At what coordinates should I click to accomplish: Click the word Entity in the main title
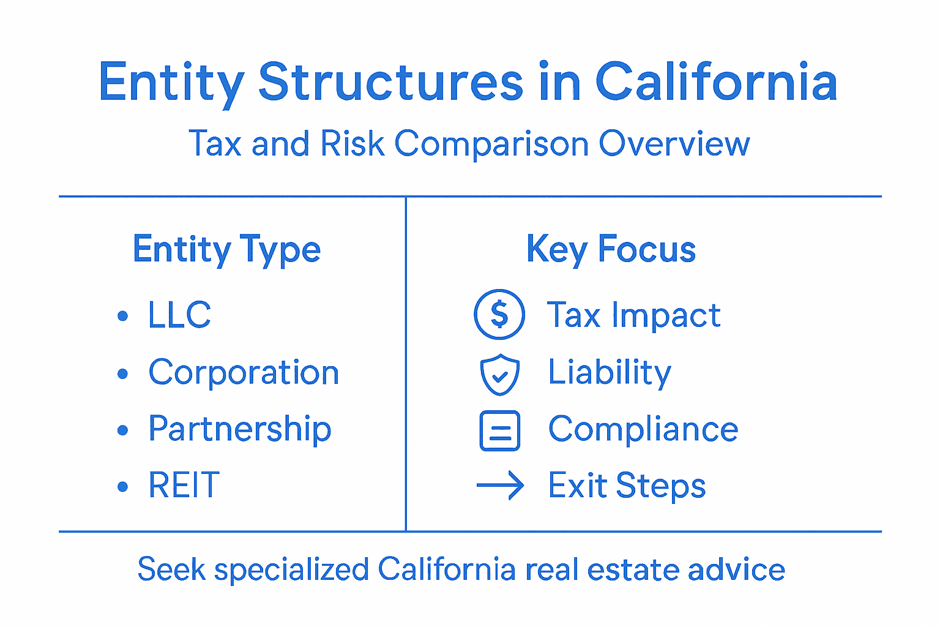point(171,82)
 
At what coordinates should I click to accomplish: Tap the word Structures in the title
point(390,82)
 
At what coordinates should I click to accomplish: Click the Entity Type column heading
point(226,250)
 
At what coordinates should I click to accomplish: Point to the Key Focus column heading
point(611,249)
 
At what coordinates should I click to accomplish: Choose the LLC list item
point(179,315)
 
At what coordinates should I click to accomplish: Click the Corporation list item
point(244,372)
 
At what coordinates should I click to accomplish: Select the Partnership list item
point(239,429)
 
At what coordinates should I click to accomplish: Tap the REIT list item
point(184,486)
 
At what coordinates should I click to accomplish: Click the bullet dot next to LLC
point(123,316)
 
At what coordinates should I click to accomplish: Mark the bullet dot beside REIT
point(123,487)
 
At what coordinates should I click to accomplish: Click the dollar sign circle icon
point(499,315)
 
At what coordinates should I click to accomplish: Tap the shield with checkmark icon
point(499,374)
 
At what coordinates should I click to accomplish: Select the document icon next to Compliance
point(499,430)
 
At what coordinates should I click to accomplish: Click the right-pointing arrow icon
point(500,486)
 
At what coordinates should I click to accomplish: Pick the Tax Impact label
point(633,315)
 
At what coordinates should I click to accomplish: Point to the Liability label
point(610,372)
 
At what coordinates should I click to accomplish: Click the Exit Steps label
point(627,486)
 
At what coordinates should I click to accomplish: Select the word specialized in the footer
point(291,569)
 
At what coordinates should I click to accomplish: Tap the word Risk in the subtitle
point(352,144)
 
